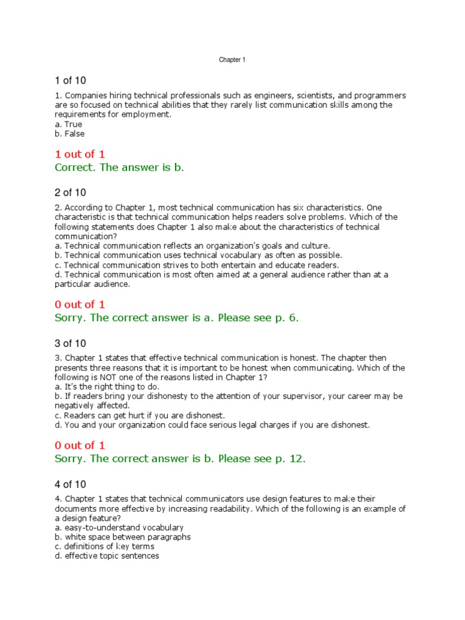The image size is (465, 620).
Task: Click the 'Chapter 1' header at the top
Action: coord(232,60)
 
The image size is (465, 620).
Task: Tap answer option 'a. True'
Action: coord(68,124)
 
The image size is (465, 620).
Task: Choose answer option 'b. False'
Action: coord(70,134)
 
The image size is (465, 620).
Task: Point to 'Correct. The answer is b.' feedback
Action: coord(119,168)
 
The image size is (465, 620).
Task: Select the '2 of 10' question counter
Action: coord(70,193)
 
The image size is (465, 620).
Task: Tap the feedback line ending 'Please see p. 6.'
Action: coord(177,318)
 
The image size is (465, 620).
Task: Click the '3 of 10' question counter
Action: coord(70,343)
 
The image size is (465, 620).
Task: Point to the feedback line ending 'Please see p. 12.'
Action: coord(180,458)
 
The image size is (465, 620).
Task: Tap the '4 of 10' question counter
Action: coord(70,484)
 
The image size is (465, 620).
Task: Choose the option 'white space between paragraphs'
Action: coord(122,537)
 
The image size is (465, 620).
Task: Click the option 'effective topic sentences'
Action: coord(107,556)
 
